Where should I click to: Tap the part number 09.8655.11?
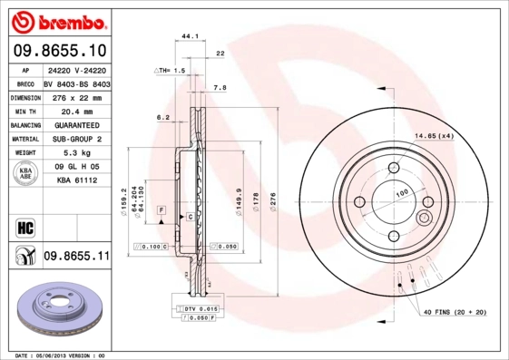pyautogui.click(x=76, y=257)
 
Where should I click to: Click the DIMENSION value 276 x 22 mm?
pyautogui.click(x=76, y=97)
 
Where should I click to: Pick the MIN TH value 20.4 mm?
pyautogui.click(x=76, y=111)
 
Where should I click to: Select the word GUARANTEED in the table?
pyautogui.click(x=76, y=125)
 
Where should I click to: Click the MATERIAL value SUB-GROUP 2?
pyautogui.click(x=76, y=139)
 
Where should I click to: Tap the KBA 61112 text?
pyautogui.click(x=76, y=180)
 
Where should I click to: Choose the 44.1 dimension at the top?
pyautogui.click(x=191, y=36)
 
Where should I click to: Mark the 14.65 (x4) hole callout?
pyautogui.click(x=434, y=136)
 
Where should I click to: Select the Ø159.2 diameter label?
pyautogui.click(x=123, y=198)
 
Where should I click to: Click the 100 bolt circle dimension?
pyautogui.click(x=401, y=193)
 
